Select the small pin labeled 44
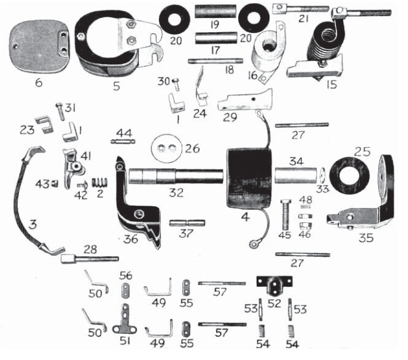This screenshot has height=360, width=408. click(124, 141)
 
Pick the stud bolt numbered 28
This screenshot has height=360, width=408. click(89, 258)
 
